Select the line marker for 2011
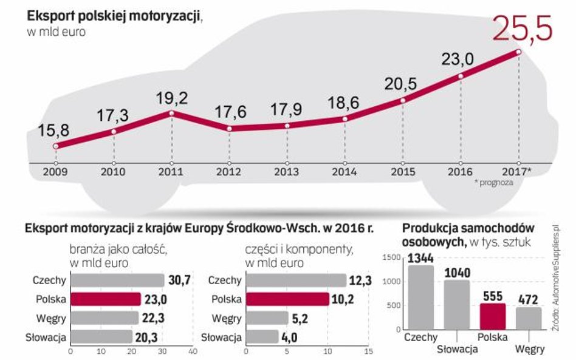(172, 114)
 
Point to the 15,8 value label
(55, 130)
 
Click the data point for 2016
(461, 76)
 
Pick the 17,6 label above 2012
(229, 113)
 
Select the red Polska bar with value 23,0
(106, 299)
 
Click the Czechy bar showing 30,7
(117, 280)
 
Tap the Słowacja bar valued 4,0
(262, 336)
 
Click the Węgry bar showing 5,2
(267, 318)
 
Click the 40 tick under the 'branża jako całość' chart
(193, 351)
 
